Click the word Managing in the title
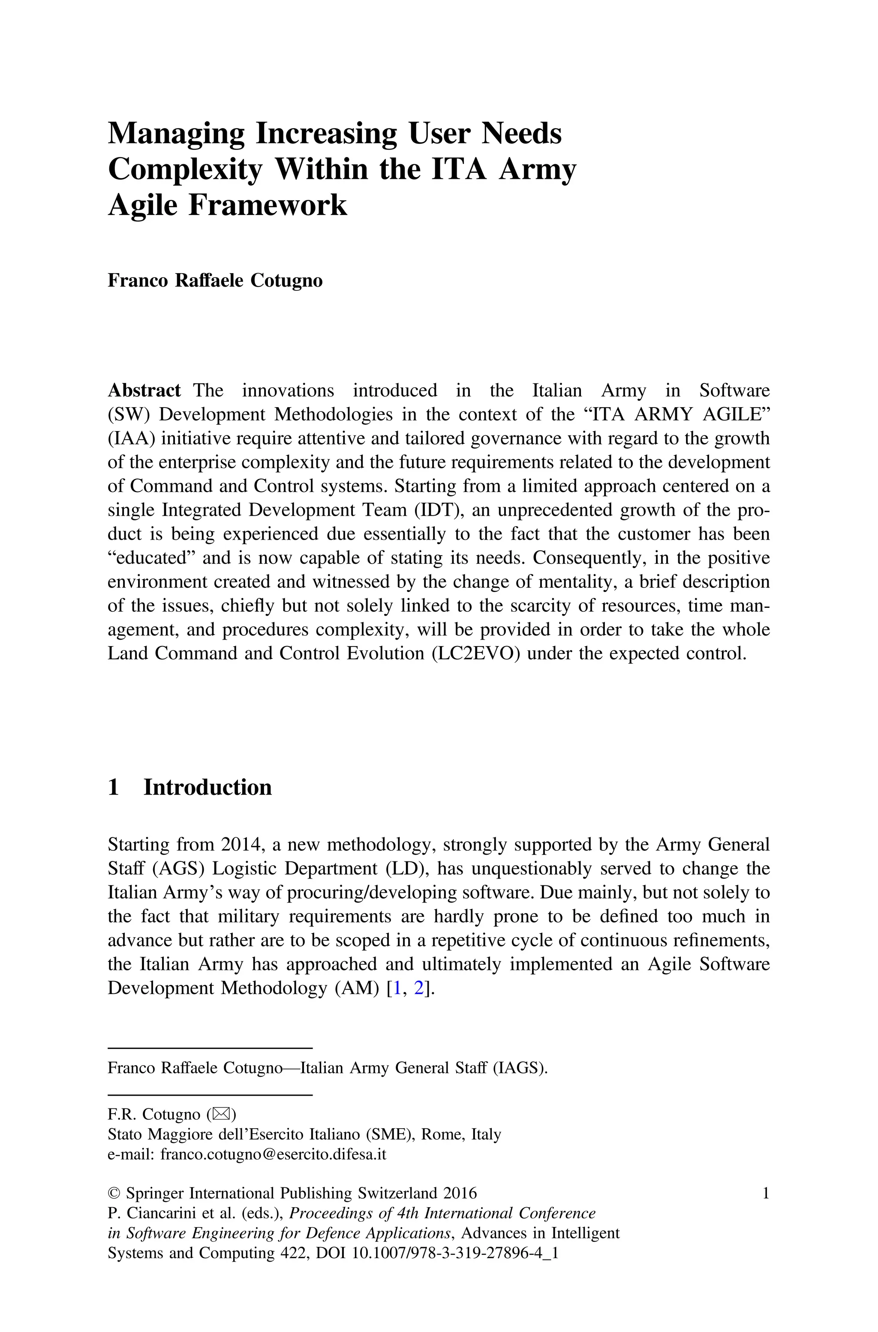[x=176, y=134]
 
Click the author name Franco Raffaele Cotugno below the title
[x=215, y=280]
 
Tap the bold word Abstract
[x=144, y=390]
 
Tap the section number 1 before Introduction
[x=113, y=788]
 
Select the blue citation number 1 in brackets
[x=397, y=988]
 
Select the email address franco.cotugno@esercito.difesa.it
[x=273, y=1154]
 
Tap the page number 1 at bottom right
[x=765, y=1193]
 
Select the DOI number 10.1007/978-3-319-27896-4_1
[x=455, y=1253]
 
